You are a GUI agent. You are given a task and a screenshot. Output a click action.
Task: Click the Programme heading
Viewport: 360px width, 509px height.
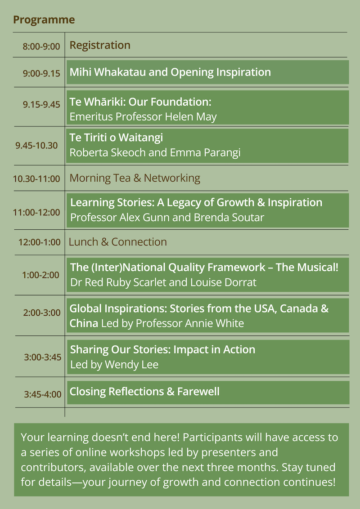point(44,20)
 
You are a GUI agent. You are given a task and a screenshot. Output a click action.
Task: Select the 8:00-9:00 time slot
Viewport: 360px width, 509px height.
point(41,46)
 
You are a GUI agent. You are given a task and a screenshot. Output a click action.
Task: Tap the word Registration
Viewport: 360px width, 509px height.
point(100,45)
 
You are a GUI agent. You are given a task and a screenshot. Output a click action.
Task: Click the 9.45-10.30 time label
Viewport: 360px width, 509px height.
point(36,145)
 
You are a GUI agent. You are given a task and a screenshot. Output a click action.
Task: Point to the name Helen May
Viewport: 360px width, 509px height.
point(191,116)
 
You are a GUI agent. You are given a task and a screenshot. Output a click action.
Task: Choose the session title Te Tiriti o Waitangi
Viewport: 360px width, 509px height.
point(116,138)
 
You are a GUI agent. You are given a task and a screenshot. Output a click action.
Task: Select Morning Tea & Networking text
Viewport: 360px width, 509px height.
point(135,178)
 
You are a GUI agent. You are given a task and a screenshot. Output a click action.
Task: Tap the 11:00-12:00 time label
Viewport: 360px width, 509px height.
point(36,212)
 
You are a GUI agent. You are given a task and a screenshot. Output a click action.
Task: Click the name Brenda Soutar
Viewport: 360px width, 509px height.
point(229,217)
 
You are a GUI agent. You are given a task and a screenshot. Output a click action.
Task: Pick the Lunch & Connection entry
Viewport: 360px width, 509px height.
point(118,242)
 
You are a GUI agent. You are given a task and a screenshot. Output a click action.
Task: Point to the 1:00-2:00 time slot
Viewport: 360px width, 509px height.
point(40,275)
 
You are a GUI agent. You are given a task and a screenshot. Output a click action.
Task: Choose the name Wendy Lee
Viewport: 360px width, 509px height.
point(131,365)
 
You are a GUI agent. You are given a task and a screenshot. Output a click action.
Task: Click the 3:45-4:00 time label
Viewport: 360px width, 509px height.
point(43,394)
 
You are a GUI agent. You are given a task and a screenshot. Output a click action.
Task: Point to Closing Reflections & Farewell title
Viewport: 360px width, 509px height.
point(144,392)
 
